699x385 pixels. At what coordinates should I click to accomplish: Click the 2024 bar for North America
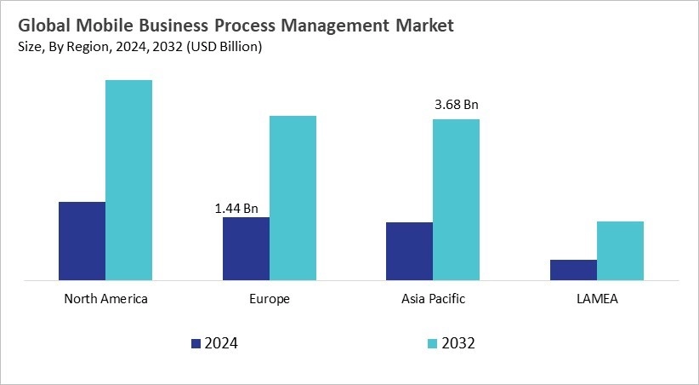tap(82, 240)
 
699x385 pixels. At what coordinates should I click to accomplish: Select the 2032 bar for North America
tap(128, 180)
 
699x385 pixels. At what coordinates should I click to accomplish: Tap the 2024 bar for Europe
tap(246, 248)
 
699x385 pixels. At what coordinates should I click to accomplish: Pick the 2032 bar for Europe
tap(293, 198)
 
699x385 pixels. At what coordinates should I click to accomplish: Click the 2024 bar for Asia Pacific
tap(409, 250)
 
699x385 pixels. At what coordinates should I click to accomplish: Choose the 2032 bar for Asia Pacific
tap(456, 199)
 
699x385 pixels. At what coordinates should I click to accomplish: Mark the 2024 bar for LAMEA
tap(573, 269)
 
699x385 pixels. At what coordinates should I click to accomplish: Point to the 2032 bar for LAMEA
tap(620, 250)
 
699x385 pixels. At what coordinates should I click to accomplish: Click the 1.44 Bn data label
tap(236, 207)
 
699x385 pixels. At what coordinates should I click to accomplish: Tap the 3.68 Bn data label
tap(457, 106)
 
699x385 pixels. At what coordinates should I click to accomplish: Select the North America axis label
tap(105, 299)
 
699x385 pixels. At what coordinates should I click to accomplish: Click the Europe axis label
tap(270, 299)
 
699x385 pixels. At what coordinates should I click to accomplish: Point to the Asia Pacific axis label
tap(433, 299)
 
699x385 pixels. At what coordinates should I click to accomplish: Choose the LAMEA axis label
tap(597, 299)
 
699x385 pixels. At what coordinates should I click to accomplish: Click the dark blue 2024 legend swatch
tap(196, 343)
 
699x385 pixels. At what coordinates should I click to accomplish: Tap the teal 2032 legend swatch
tap(432, 343)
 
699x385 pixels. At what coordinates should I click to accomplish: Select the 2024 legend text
tap(220, 343)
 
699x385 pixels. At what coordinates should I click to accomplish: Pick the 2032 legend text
tap(457, 343)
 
